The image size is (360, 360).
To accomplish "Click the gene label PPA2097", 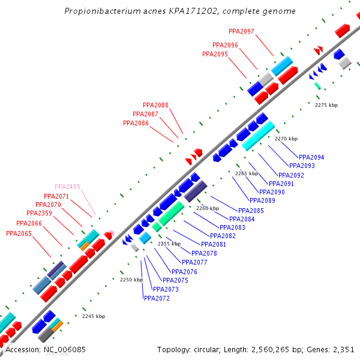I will [241, 31].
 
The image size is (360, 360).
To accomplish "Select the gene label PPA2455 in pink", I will [67, 187].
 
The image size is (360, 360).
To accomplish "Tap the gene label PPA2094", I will [311, 157].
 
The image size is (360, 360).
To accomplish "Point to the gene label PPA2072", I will [157, 298].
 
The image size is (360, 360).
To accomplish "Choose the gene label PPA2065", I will [19, 233].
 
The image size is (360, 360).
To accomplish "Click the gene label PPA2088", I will [155, 105].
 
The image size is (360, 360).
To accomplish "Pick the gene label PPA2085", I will [251, 211].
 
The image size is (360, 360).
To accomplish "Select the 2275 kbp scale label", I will [326, 105].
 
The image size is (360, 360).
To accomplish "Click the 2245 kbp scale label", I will [94, 316].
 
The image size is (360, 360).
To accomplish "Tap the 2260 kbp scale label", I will [208, 208].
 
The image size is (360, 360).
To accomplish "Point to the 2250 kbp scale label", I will [131, 280].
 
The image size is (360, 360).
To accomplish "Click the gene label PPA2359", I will [39, 213].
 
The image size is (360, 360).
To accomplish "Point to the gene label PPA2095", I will [215, 54].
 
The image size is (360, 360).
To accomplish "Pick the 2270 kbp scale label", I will [286, 139].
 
